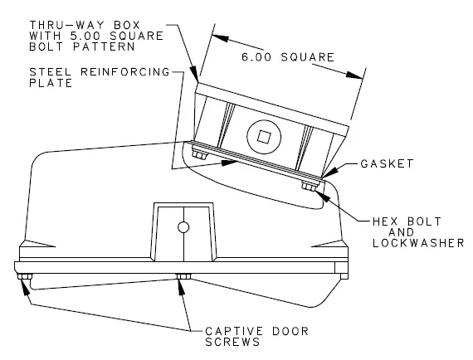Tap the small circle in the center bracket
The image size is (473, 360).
(x=183, y=227)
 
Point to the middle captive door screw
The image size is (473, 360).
(x=183, y=277)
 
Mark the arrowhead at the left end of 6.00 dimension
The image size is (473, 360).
(x=215, y=36)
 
